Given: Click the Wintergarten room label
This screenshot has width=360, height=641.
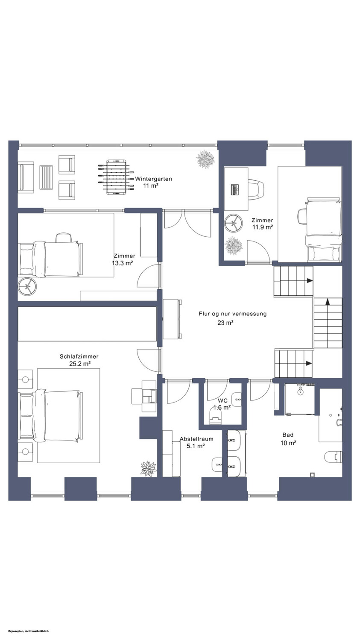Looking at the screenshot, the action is (154, 179).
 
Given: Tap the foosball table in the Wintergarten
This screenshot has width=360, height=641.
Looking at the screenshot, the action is (116, 177).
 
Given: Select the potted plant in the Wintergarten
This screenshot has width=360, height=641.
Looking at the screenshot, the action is (205, 159).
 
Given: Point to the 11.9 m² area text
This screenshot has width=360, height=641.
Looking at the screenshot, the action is (262, 227).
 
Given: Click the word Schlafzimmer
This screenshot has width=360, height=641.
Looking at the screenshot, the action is (79, 356).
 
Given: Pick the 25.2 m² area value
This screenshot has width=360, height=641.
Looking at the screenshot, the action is (80, 364).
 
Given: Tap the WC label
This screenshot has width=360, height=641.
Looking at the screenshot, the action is (222, 401).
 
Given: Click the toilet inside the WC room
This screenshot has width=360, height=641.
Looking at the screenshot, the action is (216, 415).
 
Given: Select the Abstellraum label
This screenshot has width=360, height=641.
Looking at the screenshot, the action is (196, 439).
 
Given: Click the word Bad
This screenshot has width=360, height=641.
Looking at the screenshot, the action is (288, 435).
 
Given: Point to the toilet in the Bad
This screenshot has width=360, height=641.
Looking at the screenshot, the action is (334, 456).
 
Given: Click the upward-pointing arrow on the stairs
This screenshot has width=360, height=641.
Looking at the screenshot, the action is (328, 302).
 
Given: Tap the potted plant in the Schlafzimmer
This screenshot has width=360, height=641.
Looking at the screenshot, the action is (149, 468).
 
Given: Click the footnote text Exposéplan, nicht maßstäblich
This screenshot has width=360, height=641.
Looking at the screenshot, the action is (29, 631).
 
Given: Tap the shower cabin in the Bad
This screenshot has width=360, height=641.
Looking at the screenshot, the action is (299, 399).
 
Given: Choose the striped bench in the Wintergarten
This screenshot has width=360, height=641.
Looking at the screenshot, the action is (46, 177).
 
